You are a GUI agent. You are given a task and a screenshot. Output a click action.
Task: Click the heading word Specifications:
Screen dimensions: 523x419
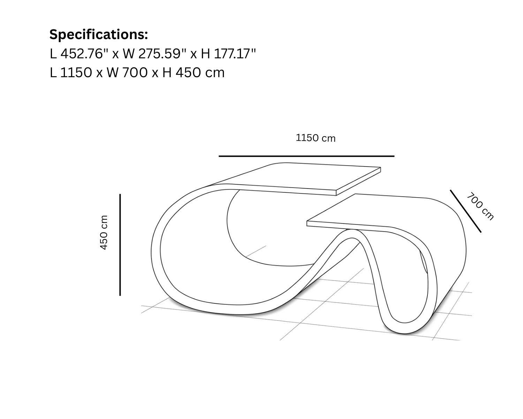coord(99,35)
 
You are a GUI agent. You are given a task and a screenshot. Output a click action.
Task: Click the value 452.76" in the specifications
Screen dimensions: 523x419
coord(84,53)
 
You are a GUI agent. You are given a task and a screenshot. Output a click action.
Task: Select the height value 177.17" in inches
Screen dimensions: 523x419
coord(235,53)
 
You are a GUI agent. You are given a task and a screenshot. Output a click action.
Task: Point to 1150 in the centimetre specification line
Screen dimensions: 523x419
coord(76,73)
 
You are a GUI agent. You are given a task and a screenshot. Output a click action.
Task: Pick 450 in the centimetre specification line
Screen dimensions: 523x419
coord(188,73)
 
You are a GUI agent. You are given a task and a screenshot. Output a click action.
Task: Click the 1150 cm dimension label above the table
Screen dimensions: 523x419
coord(316,138)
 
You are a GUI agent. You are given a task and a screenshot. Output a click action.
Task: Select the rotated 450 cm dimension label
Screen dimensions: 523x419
coord(104,232)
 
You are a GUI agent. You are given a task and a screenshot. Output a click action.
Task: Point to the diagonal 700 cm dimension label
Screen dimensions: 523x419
coord(480,206)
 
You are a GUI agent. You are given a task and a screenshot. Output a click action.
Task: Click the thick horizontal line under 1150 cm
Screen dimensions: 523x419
coord(306,156)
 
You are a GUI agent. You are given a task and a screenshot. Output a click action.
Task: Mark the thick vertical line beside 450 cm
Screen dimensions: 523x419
coord(120,245)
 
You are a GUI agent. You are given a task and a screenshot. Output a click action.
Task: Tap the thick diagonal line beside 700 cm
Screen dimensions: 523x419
coord(466,211)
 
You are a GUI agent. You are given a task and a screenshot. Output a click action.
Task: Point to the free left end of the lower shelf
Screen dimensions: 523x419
coord(307,223)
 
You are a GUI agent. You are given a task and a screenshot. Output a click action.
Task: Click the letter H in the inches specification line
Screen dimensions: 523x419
coord(205,54)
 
